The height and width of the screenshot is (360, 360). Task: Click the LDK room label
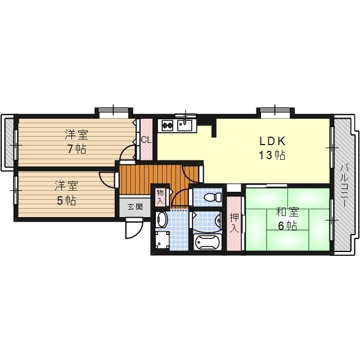click(x=272, y=141)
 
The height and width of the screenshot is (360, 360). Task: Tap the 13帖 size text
click(x=272, y=155)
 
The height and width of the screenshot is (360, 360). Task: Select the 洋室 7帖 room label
click(x=76, y=142)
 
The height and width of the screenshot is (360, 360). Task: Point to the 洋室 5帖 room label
click(x=66, y=193)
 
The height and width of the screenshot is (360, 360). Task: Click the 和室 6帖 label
click(x=287, y=219)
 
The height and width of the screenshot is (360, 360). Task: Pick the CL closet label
click(x=146, y=140)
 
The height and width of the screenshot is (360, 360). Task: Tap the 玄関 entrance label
click(x=135, y=207)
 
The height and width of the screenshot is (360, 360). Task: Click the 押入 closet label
click(x=234, y=223)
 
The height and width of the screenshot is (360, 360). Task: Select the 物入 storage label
click(x=160, y=197)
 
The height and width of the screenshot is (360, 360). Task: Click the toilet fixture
click(x=213, y=197)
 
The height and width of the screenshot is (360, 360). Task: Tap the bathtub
click(x=208, y=242)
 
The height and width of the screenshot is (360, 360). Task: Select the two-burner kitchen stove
click(x=168, y=125)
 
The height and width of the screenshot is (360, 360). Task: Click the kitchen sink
click(x=185, y=125)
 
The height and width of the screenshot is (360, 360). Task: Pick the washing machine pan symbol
click(x=163, y=240)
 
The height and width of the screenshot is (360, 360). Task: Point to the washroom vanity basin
click(x=161, y=220)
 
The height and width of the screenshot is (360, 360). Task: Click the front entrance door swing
click(x=134, y=228)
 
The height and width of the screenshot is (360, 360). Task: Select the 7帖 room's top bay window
click(x=114, y=111)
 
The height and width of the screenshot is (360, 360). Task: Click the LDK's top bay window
click(x=275, y=111)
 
